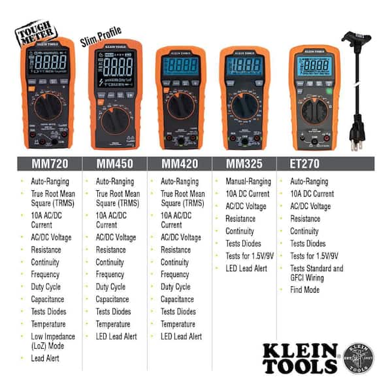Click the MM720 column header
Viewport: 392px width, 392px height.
50,163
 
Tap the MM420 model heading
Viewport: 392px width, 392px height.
180,163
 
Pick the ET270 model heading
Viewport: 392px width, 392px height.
306,163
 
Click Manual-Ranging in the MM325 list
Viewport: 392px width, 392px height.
248,181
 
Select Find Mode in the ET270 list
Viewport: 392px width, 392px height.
304,289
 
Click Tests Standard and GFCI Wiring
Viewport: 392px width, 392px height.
316,273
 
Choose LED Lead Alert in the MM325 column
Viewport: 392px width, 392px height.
246,268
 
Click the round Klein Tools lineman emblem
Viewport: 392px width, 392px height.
359,357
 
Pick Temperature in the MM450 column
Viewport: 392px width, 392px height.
112,324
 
